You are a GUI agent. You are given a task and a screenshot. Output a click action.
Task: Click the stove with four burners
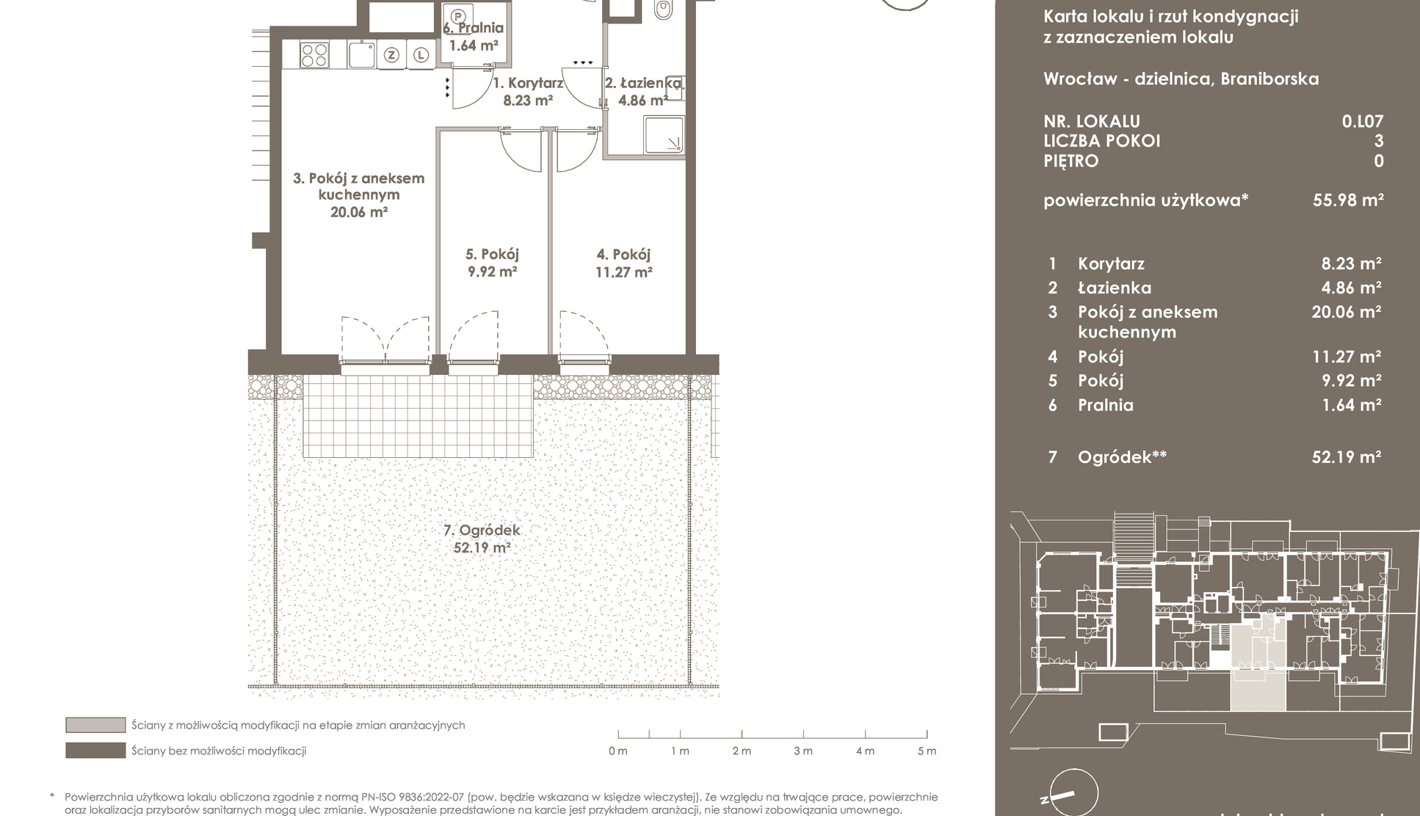tap(314, 55)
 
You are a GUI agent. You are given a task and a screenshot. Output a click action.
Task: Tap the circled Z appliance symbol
tap(392, 55)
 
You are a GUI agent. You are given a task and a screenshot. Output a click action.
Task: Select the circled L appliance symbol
tap(420, 55)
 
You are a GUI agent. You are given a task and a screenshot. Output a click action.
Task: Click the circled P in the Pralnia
tap(459, 15)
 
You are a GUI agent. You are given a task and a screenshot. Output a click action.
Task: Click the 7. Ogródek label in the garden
tap(482, 530)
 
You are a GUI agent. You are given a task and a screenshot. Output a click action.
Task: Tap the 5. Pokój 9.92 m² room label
tap(492, 263)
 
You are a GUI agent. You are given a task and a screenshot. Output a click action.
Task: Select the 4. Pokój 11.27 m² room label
tap(623, 263)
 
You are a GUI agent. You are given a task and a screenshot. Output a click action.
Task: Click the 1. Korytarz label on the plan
tap(528, 83)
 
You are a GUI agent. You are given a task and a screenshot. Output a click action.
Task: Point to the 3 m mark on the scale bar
tap(803, 735)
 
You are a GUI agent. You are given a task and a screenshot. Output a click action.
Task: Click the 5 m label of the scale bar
tap(927, 751)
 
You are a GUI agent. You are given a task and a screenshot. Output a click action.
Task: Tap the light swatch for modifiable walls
tap(95, 725)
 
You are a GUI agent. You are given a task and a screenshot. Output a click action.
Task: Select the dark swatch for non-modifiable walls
tap(95, 751)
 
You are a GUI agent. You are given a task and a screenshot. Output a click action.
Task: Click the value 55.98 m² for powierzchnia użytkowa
tap(1348, 200)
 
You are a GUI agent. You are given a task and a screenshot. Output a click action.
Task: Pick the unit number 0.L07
tap(1363, 121)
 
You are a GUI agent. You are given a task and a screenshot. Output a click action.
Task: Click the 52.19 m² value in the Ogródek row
tap(1347, 457)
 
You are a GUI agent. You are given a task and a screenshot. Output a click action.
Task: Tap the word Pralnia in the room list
tap(1105, 405)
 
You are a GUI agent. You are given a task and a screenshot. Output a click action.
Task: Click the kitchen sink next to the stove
tap(362, 55)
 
